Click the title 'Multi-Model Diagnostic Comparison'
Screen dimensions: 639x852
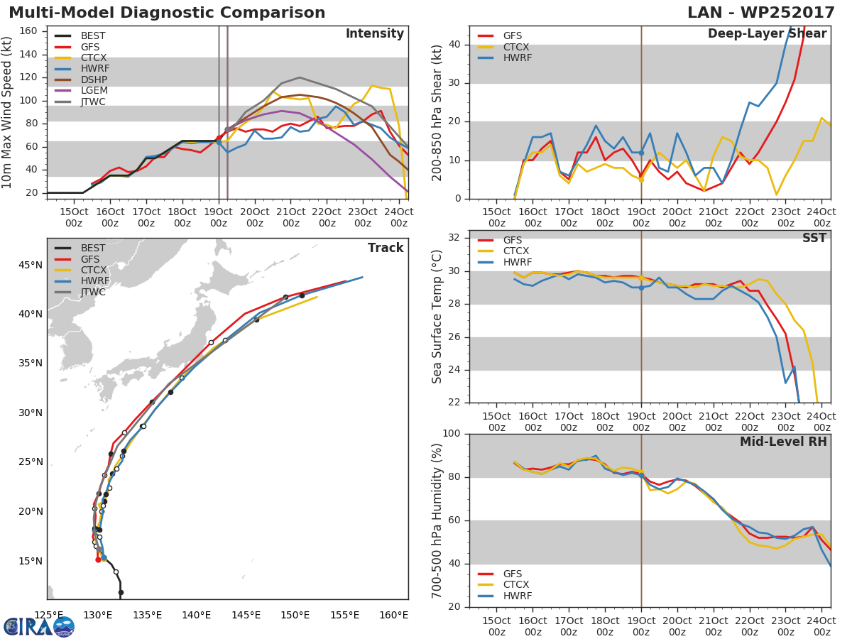pos(167,13)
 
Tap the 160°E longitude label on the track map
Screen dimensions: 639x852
pos(393,615)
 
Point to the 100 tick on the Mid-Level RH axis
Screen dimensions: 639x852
pos(451,433)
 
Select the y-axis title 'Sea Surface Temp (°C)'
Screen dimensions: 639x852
pos(437,316)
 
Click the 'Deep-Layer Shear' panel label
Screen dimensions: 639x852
pos(767,34)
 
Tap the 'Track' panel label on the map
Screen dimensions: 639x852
pos(386,248)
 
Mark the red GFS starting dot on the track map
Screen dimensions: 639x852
pos(98,559)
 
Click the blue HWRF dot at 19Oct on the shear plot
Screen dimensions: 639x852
pos(641,153)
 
